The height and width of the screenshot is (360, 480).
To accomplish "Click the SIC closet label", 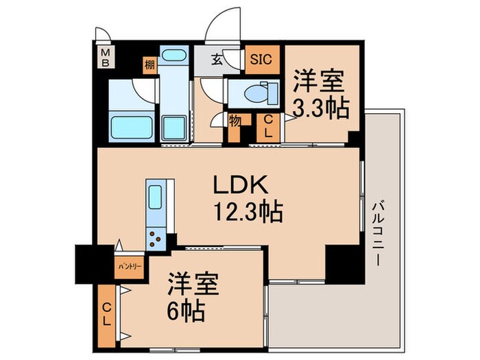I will click(261, 59).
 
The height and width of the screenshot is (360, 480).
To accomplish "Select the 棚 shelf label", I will click(149, 65).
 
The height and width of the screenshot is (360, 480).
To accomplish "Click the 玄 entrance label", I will click(216, 60).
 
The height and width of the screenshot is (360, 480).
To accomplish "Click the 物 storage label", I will click(234, 121).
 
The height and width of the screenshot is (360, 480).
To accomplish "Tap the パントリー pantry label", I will click(128, 263).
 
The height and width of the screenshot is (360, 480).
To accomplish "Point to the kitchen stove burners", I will click(156, 238).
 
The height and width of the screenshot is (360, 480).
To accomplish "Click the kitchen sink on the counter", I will click(155, 198).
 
